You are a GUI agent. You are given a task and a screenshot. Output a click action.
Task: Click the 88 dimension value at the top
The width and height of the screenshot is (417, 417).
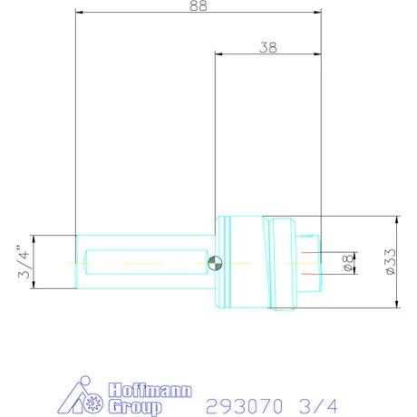point(199,6)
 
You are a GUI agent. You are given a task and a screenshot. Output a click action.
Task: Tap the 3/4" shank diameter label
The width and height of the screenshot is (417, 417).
point(24,262)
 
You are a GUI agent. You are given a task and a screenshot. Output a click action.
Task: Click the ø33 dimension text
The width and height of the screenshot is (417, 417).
point(387,262)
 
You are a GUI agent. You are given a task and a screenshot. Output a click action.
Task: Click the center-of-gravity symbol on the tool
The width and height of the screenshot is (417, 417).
point(213,263)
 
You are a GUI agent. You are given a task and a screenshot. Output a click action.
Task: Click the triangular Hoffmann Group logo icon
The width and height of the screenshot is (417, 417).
point(88,396)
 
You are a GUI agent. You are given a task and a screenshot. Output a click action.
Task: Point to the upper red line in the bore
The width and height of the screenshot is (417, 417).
point(310,252)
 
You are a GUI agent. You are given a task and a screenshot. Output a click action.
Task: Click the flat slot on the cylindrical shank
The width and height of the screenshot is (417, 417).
point(146,262)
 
